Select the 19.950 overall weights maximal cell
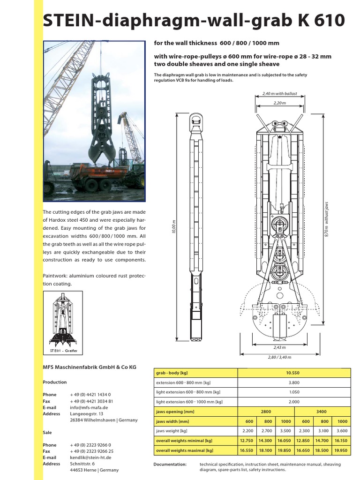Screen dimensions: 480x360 (x=342, y=450)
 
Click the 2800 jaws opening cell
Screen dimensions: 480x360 (x=266, y=412)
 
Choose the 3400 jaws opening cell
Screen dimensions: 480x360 (x=322, y=412)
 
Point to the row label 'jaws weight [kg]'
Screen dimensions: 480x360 (x=172, y=431)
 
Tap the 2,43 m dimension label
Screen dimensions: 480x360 (x=279, y=348)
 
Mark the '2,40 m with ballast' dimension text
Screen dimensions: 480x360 (x=279, y=94)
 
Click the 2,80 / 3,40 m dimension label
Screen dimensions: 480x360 (x=279, y=357)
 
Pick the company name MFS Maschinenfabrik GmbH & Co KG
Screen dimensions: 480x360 (x=89, y=367)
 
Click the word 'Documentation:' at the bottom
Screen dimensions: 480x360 (x=170, y=465)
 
